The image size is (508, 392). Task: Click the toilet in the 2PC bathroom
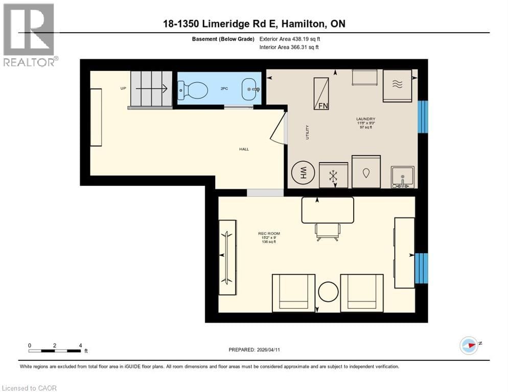pos(193,91)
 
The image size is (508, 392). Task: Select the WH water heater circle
pos(303,175)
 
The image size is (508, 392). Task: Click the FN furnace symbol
pos(322,93)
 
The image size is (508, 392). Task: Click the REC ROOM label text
pos(269,234)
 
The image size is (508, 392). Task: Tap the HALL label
pos(244,149)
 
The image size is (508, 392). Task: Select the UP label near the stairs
pos(123,89)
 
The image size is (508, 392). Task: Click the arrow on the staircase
pos(158,89)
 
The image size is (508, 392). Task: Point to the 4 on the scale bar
pos(80,345)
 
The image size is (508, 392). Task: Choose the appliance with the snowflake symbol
pos(333,176)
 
